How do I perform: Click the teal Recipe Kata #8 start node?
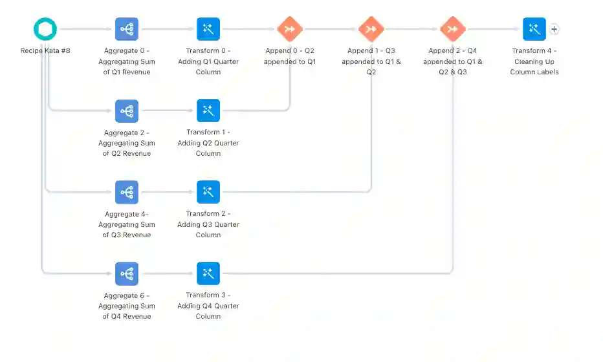[x=45, y=29]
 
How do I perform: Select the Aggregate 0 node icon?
[x=127, y=29]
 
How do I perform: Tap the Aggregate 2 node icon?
[x=127, y=111]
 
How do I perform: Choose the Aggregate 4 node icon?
[x=127, y=192]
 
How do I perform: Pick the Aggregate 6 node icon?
[x=127, y=273]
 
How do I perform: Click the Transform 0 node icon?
[x=208, y=29]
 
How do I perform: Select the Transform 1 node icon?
[x=208, y=111]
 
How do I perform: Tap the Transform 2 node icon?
[x=208, y=192]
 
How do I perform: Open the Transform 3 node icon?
[x=208, y=273]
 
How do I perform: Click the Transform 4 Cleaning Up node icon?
[x=534, y=29]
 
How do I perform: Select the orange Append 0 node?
[x=290, y=29]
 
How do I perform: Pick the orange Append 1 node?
[x=371, y=29]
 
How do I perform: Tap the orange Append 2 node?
[x=453, y=29]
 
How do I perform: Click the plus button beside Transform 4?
[x=554, y=29]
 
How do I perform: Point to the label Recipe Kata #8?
[x=45, y=50]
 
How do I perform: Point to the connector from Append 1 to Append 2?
[x=412, y=29]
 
